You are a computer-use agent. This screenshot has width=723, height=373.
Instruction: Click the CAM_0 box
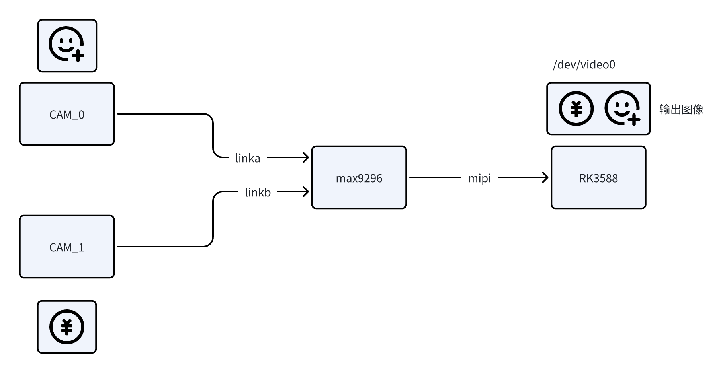tap(67, 114)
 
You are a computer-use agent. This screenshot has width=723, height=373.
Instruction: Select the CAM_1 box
tap(67, 247)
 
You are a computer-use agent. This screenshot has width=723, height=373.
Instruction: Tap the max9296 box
tap(359, 177)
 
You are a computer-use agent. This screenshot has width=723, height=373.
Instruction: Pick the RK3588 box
tap(598, 177)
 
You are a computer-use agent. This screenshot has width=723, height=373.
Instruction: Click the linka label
tap(248, 158)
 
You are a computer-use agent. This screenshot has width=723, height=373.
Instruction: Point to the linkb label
tap(258, 192)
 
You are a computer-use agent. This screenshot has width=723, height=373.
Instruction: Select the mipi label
tap(479, 178)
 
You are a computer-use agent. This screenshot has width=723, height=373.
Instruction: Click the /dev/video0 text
tap(584, 64)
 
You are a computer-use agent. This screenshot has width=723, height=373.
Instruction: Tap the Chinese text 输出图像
tap(681, 109)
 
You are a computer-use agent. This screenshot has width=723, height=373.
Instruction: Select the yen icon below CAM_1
tap(67, 327)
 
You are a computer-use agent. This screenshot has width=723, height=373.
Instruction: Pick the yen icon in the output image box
tap(576, 109)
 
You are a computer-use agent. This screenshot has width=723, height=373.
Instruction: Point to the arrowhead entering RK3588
tap(545, 177)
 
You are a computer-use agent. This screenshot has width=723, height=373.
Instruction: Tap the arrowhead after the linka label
tap(306, 157)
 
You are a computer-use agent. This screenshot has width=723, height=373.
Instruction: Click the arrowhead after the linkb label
tap(306, 192)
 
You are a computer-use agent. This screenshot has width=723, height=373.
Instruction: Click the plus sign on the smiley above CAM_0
tap(78, 56)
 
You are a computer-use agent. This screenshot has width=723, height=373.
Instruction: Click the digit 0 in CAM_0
tap(81, 115)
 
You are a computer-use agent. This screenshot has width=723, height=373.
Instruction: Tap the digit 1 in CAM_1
tap(81, 247)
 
